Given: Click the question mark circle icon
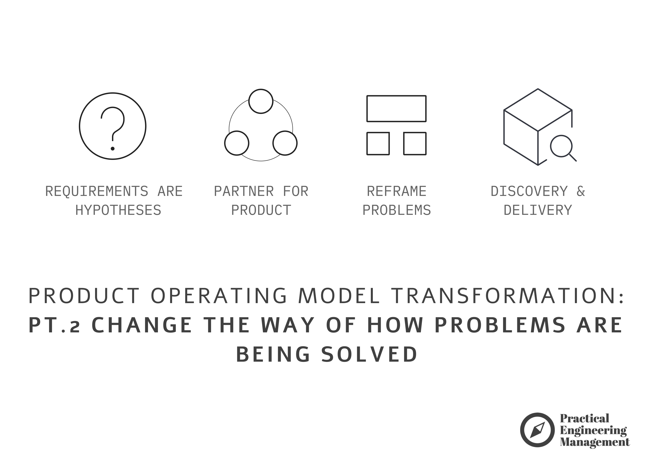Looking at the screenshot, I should [x=112, y=126].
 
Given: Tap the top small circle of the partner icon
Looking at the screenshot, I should [x=261, y=101].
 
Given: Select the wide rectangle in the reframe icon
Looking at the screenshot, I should [x=396, y=109].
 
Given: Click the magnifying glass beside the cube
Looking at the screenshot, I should [x=561, y=146].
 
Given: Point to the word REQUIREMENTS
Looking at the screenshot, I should [x=97, y=191].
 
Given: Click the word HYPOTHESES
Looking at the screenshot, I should [x=118, y=210].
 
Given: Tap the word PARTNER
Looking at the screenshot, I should [x=244, y=191].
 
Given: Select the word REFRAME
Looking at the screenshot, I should [x=396, y=191].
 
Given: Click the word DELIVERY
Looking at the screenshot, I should [x=538, y=210].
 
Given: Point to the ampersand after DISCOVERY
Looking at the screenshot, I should [x=581, y=191].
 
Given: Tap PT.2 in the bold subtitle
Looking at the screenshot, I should [x=54, y=325].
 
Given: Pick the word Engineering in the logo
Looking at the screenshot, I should [x=593, y=430].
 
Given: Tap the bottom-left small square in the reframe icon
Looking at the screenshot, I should [x=378, y=143].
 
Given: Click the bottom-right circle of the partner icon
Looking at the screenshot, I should [x=285, y=143].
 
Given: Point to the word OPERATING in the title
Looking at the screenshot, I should [x=219, y=296].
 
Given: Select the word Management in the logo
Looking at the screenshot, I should [x=595, y=442].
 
